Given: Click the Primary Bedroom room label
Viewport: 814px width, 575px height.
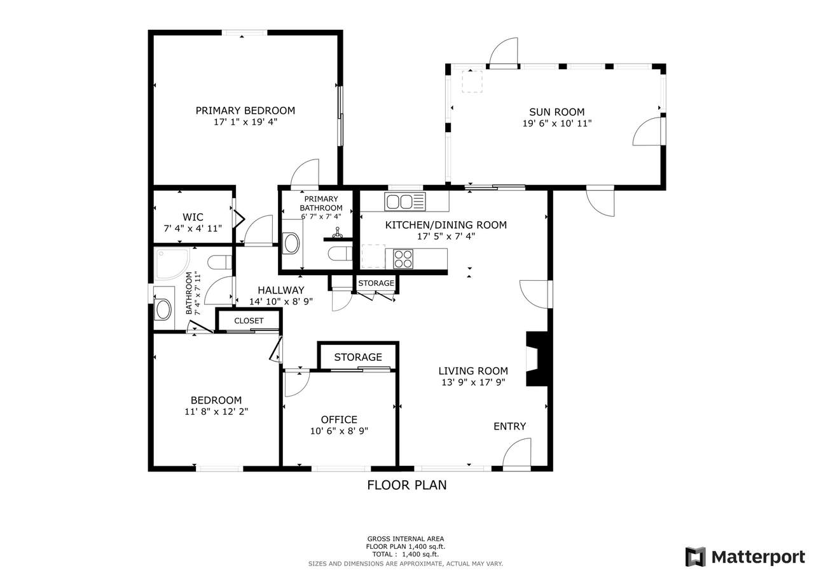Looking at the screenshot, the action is [245, 111].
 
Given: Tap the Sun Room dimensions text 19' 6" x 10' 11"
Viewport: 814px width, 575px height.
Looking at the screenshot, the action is [556, 123].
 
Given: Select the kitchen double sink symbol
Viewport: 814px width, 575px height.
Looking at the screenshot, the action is [405, 201].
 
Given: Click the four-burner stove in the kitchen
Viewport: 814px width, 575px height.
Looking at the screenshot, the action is [403, 259].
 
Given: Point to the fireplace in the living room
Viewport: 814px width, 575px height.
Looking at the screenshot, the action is [537, 358].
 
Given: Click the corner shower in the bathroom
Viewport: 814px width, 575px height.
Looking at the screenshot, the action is [172, 264].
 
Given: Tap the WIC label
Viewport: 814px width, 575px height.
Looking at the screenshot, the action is [193, 217].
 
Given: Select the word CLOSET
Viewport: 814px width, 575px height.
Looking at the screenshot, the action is [249, 320].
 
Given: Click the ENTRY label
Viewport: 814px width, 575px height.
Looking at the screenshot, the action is [509, 426].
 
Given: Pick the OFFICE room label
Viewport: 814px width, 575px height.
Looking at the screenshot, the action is [339, 419].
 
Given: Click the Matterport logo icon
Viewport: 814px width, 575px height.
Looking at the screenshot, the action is [696, 557].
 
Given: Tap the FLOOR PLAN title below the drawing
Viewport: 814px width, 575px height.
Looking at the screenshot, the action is [406, 485].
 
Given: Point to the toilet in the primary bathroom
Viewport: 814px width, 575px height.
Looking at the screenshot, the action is [340, 254].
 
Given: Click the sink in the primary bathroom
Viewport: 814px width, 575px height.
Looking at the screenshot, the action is [291, 243].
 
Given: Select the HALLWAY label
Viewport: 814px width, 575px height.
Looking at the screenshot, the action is [281, 290].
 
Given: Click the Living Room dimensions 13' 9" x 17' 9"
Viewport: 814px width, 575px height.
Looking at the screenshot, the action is [473, 382].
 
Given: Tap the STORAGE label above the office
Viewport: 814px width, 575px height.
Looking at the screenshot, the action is [358, 357].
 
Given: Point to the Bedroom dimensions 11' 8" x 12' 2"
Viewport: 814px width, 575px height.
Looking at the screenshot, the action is [216, 412].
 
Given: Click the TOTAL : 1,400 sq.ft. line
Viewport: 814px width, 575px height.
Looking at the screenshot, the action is [406, 554].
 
